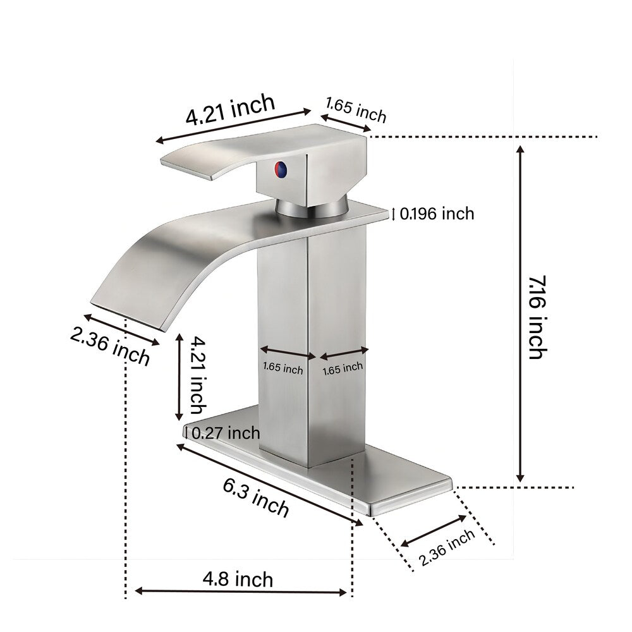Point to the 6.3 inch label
tap(256, 497)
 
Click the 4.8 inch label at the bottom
tap(238, 578)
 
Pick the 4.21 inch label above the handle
tap(230, 110)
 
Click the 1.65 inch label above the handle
tap(355, 110)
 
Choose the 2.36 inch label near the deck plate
tap(447, 548)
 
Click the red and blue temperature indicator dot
tap(279, 169)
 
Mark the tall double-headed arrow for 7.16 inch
tap(520, 313)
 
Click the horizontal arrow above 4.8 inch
tap(241, 592)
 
